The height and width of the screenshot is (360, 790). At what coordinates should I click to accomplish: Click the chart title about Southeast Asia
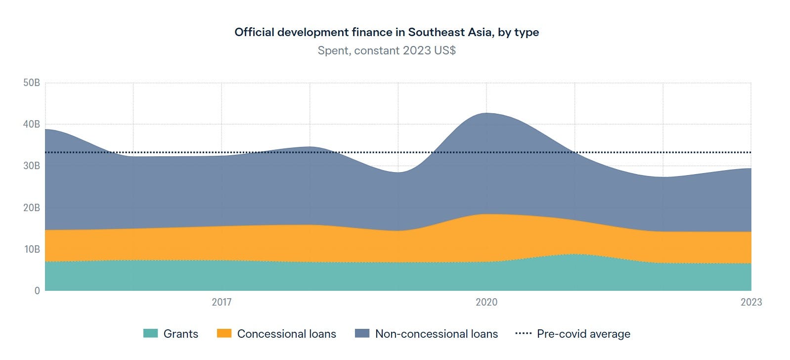coord(387,32)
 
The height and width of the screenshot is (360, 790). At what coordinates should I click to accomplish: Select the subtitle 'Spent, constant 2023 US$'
coord(387,50)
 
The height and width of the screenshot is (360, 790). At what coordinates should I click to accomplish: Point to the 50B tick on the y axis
coord(32,83)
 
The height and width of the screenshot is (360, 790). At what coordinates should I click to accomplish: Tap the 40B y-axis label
coord(32,124)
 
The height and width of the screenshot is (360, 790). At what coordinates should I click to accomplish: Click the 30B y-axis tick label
coord(32,166)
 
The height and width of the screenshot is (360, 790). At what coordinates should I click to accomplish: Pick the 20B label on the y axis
coord(32,208)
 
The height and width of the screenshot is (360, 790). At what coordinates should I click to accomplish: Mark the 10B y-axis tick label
coord(32,249)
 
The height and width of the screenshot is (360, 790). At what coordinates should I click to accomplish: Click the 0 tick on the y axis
coord(37,291)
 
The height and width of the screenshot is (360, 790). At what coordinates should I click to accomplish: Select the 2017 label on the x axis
coord(221,302)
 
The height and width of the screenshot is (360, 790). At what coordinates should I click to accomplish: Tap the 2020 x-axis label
coord(486,302)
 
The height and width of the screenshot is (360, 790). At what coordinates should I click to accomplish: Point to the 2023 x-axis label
coord(751,302)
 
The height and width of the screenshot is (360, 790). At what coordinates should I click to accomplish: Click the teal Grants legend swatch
coord(150,334)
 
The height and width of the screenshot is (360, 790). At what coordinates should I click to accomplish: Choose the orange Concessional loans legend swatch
coord(224,334)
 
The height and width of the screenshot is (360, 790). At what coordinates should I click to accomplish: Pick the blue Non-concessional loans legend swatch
coord(362,334)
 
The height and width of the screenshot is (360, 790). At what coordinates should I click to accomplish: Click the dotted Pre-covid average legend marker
coord(523,334)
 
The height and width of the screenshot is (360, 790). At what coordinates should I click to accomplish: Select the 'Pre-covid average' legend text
coord(583,334)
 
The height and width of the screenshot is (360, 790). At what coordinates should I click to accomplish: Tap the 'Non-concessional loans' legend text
coord(437,334)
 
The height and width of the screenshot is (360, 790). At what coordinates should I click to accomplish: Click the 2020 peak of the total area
coord(486,114)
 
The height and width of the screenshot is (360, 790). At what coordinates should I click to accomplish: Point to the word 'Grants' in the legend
coord(181,334)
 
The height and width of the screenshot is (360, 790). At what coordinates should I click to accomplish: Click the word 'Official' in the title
coord(254,32)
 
